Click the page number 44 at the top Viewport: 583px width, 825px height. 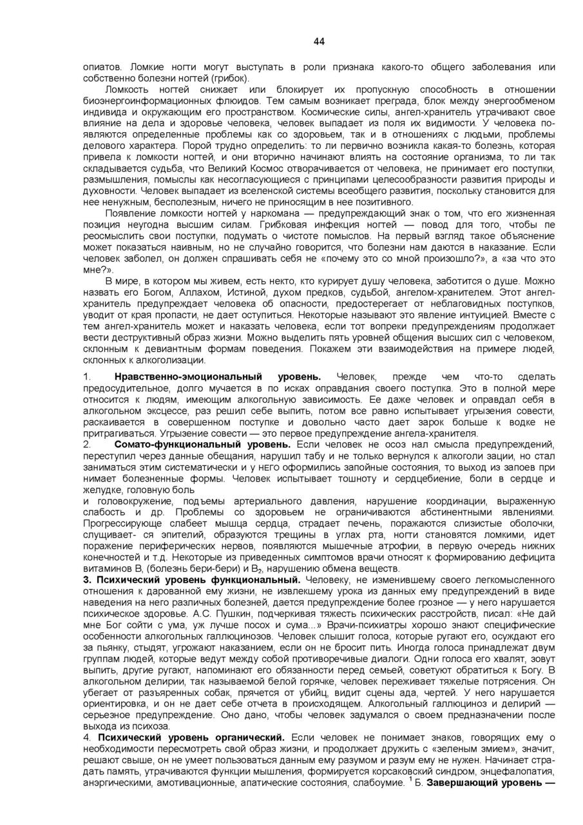coord(319,42)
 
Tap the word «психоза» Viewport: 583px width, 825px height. coord(150,726)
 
